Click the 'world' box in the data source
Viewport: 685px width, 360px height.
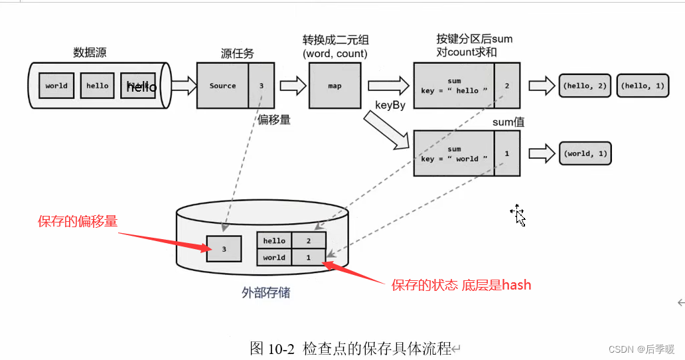pyautogui.click(x=56, y=86)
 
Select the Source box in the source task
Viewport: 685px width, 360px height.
pyautogui.click(x=222, y=86)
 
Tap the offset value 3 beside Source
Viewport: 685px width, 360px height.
pyautogui.click(x=262, y=86)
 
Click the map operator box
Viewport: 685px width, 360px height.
pyautogui.click(x=335, y=86)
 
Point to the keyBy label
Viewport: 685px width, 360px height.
pyautogui.click(x=390, y=105)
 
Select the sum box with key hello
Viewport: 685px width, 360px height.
pyautogui.click(x=454, y=86)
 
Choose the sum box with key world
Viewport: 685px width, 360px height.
pyautogui.click(x=454, y=153)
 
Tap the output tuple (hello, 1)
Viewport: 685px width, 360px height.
pyautogui.click(x=643, y=86)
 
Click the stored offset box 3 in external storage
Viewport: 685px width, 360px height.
pyautogui.click(x=224, y=249)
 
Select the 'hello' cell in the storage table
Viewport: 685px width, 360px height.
pyautogui.click(x=274, y=240)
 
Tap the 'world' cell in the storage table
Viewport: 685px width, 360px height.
pyautogui.click(x=274, y=258)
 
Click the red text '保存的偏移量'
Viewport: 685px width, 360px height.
pyautogui.click(x=78, y=222)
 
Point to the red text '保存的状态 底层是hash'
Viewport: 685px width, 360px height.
pyautogui.click(x=461, y=286)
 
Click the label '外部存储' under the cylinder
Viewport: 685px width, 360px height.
pyautogui.click(x=265, y=292)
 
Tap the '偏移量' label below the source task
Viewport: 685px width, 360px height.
pyautogui.click(x=274, y=120)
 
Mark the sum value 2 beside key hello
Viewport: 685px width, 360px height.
pyautogui.click(x=506, y=86)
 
